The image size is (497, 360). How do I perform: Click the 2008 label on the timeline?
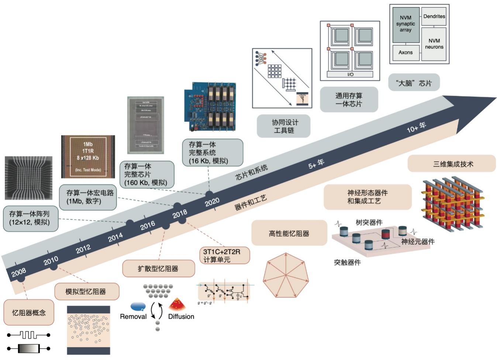19,272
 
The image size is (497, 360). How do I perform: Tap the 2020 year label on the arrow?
212,202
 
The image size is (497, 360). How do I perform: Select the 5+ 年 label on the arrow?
316,164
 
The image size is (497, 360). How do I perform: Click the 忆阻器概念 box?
29,313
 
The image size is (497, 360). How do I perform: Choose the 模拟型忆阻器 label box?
87,292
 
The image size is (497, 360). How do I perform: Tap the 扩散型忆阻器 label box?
158,268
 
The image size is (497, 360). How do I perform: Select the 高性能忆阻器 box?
289,233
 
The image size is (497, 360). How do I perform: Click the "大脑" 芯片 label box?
414,83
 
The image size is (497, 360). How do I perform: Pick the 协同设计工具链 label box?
283,126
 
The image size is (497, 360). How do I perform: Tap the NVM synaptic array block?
405,24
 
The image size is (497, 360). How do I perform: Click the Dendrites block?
434,16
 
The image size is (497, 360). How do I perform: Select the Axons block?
405,52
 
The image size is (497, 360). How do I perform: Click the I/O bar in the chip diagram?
350,75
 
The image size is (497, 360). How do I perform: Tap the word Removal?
133,316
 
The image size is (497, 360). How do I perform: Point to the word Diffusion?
181,316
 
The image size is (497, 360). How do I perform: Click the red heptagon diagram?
286,275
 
